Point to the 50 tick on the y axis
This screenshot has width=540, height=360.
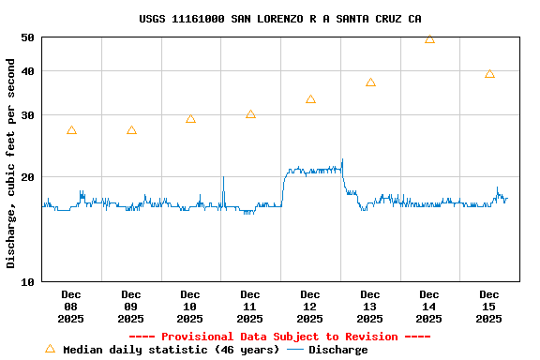tap(27, 37)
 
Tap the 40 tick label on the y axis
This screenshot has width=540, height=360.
tap(27, 71)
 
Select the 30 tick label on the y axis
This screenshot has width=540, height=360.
tap(27, 115)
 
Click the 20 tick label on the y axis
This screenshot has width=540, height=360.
tap(27, 177)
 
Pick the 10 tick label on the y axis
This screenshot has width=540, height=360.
tap(27, 281)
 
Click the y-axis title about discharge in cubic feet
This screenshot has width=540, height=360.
tap(11, 163)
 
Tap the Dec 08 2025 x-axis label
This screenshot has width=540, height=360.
tap(71, 307)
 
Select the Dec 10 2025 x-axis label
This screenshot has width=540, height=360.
tap(190, 307)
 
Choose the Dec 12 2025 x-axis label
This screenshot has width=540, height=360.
tap(310, 307)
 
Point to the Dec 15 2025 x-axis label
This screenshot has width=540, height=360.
tap(489, 307)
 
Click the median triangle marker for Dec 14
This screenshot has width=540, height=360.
tap(429, 39)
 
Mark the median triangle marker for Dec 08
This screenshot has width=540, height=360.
tap(71, 130)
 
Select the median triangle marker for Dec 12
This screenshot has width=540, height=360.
tap(310, 99)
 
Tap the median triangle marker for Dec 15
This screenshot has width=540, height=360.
tap(489, 74)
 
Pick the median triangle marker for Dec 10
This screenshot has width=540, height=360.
tap(190, 119)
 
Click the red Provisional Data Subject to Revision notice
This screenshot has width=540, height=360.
tap(279, 337)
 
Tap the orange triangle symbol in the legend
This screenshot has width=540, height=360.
tap(50, 349)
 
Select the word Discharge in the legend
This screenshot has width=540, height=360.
tap(338, 350)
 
